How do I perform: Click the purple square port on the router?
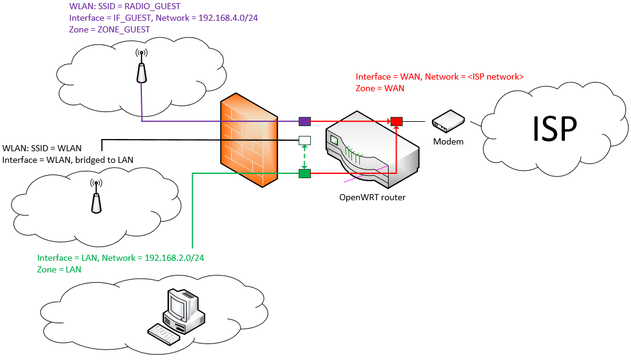[305, 121]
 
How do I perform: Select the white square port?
[305, 141]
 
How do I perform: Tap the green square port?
[305, 173]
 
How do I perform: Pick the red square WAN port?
[397, 121]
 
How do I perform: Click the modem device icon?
[448, 121]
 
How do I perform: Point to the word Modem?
[448, 142]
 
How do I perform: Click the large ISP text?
[554, 129]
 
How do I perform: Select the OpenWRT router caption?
[372, 197]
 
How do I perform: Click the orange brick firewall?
[249, 140]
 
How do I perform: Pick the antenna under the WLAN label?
[96, 196]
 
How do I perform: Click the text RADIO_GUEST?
[152, 7]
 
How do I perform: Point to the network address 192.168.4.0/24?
[228, 18]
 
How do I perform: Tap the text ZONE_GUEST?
[124, 30]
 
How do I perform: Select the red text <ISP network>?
[495, 77]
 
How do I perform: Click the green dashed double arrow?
[305, 157]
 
